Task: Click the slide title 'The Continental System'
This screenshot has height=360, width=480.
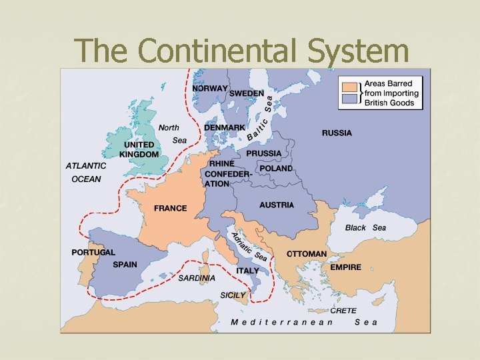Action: click(241, 50)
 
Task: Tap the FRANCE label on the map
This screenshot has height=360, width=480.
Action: click(171, 208)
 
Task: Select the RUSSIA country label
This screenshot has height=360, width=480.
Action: click(337, 133)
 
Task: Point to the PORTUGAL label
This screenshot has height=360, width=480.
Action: click(93, 253)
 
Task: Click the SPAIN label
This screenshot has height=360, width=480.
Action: click(125, 265)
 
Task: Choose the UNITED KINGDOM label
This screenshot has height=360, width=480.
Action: click(139, 149)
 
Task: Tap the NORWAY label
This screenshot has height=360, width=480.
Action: click(210, 88)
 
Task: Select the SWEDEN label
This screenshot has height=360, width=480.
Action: click(247, 93)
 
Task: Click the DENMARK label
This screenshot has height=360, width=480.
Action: click(225, 127)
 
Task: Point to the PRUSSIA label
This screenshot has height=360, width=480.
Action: click(264, 153)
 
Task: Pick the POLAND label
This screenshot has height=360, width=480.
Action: click(276, 168)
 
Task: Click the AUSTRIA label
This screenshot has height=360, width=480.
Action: click(277, 205)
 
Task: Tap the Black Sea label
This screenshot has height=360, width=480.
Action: click(365, 228)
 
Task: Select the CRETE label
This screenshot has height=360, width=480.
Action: click(343, 310)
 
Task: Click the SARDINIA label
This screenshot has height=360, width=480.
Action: click(197, 278)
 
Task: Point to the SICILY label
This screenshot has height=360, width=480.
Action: click(233, 295)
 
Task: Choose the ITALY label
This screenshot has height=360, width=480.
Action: click(247, 271)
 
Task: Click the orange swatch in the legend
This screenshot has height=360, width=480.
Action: click(349, 86)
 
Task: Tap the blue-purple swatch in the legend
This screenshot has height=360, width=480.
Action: click(349, 99)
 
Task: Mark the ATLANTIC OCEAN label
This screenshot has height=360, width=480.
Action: click(86, 172)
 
